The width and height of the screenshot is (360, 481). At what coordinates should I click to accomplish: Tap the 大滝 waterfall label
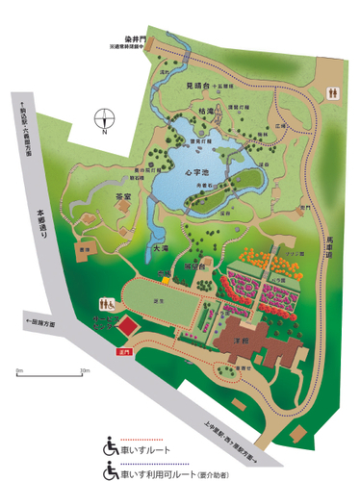click(161, 249)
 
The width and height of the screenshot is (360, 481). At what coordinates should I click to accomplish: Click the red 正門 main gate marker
click(122, 353)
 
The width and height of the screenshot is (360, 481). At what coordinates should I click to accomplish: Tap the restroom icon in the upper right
click(333, 93)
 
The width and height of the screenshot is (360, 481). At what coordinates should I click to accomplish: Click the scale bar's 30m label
click(84, 369)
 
